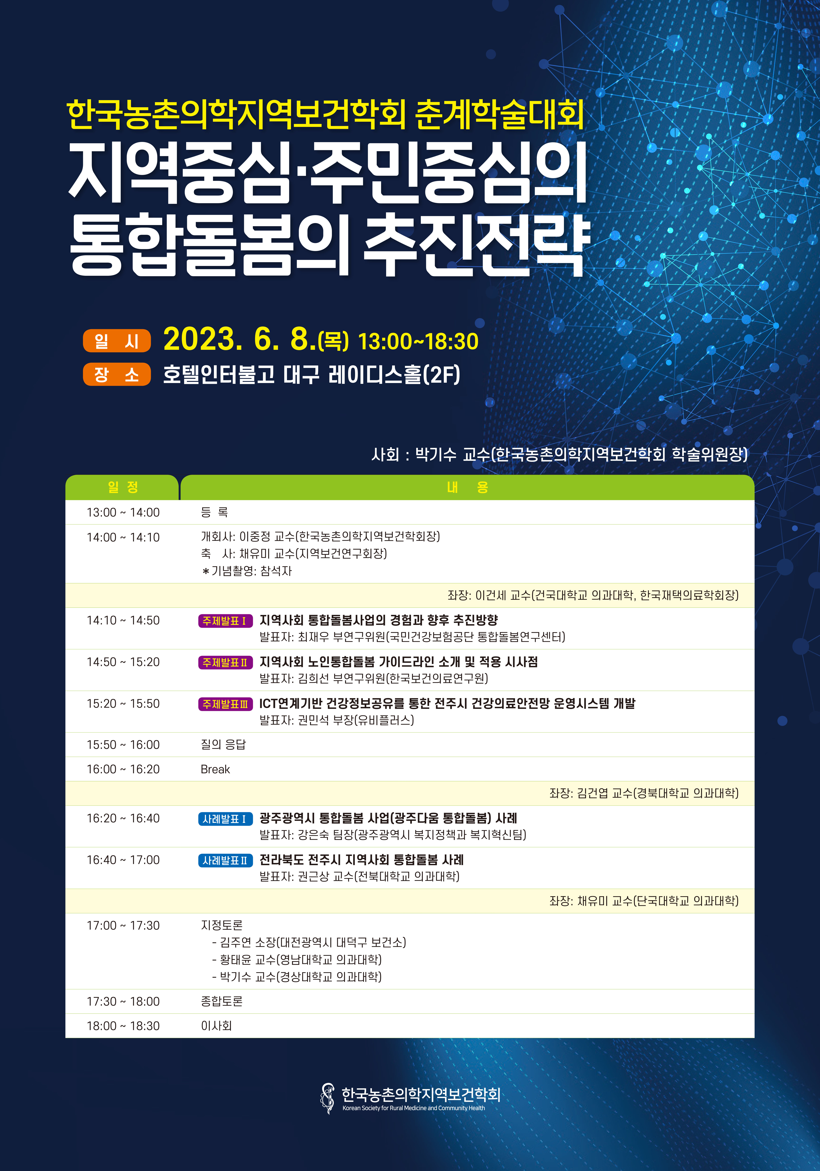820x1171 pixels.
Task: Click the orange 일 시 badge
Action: [x=117, y=341]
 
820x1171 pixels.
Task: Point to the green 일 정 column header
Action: [x=122, y=487]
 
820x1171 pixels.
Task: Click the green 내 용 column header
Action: [x=467, y=487]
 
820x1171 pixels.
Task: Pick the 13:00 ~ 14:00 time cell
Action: [x=123, y=512]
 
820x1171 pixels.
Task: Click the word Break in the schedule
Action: [x=215, y=769]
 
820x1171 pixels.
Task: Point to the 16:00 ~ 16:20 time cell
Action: [x=123, y=769]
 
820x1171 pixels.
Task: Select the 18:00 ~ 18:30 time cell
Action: [x=123, y=1026]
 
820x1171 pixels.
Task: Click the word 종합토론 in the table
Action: [x=221, y=1001]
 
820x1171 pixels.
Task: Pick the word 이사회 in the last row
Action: [x=216, y=1026]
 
